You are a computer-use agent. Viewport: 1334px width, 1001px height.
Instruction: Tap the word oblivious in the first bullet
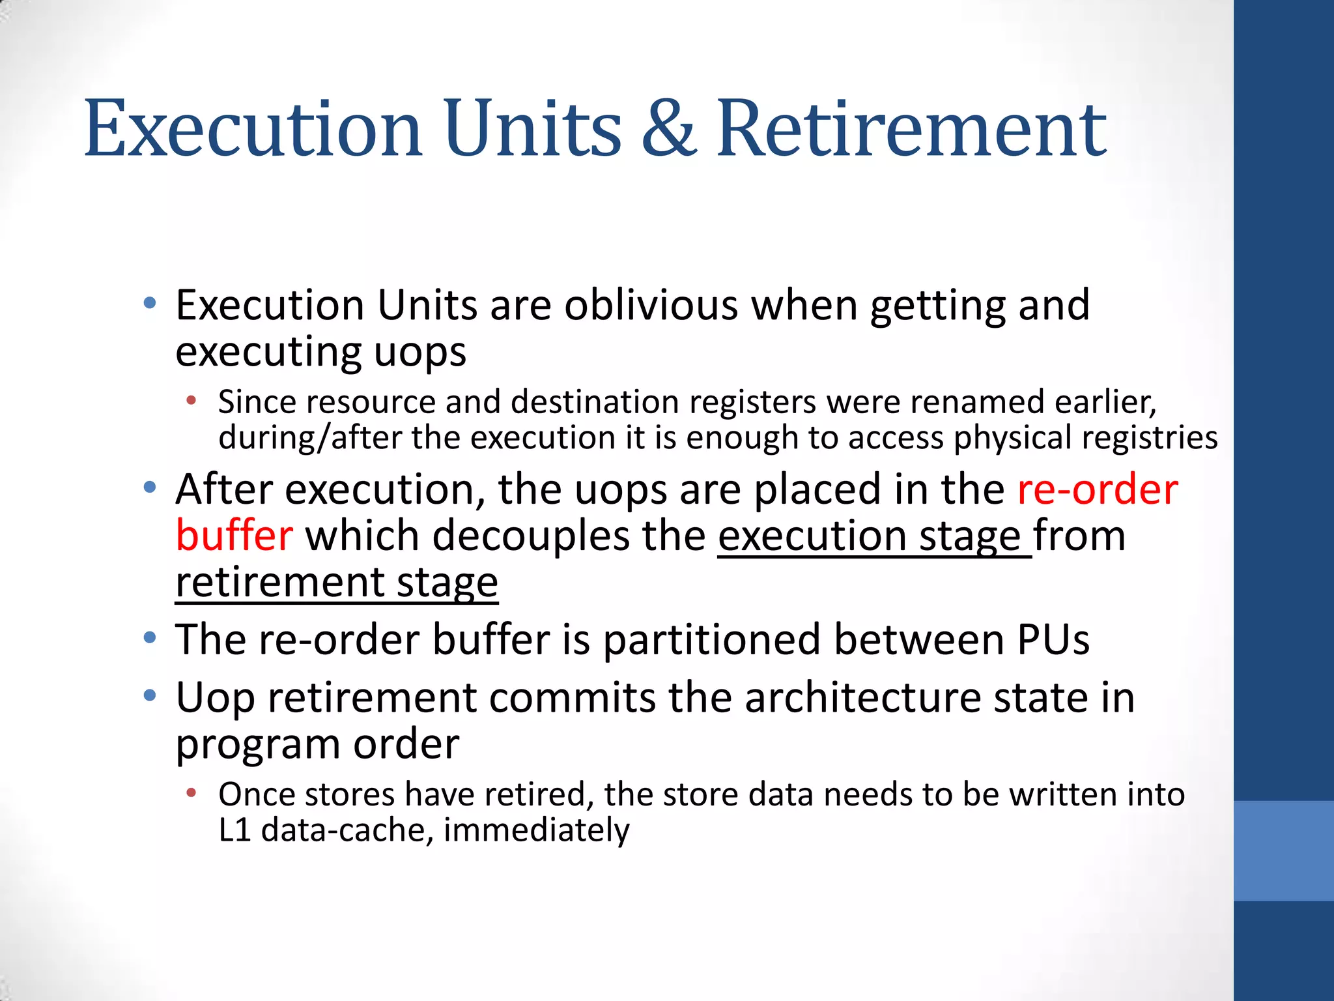[x=651, y=304]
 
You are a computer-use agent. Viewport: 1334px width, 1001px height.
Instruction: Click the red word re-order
[x=1098, y=489]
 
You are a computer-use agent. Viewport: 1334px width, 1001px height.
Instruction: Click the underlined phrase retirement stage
[x=337, y=582]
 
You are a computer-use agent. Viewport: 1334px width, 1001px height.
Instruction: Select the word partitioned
[x=711, y=639]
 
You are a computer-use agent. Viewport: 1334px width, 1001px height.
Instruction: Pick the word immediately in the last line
[x=536, y=830]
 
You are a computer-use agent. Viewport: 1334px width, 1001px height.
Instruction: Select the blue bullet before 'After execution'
[x=150, y=487]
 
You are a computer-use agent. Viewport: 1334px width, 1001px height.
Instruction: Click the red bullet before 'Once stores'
[x=191, y=793]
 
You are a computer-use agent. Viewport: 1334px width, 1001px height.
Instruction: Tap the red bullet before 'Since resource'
[x=191, y=400]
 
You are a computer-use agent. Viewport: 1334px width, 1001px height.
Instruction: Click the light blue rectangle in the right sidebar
[x=1284, y=850]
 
